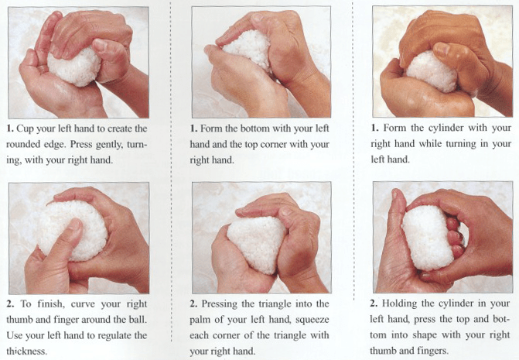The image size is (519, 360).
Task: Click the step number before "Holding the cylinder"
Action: [377, 303]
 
